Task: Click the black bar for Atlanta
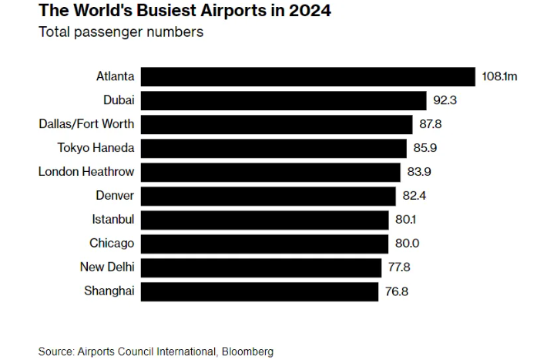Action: tap(308, 76)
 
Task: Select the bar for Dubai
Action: tap(284, 100)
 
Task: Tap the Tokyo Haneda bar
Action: tap(274, 148)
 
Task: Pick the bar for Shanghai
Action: tap(260, 291)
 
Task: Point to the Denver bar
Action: tap(269, 196)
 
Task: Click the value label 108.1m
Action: tap(498, 77)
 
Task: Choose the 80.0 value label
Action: tap(406, 244)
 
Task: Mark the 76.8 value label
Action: tap(396, 291)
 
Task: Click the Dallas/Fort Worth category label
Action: tap(86, 124)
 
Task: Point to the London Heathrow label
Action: tap(86, 172)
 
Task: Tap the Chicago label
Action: tap(112, 244)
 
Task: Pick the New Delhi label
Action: tap(107, 267)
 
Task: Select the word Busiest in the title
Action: tap(144, 12)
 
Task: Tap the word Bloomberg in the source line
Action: tap(247, 352)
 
